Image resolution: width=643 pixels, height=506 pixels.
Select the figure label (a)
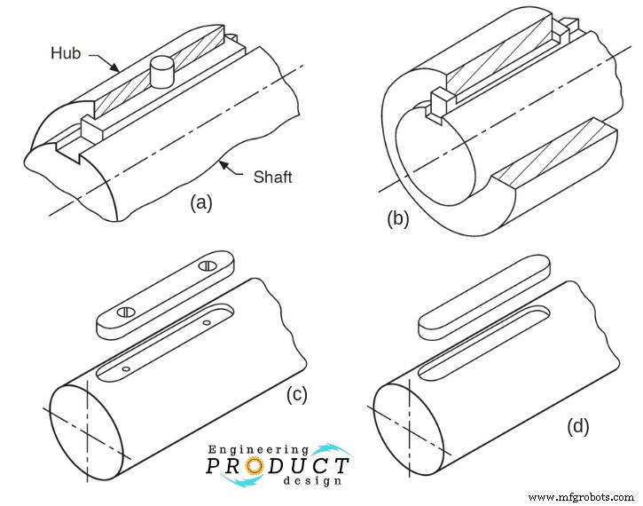201,203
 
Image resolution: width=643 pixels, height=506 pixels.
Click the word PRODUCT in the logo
278,466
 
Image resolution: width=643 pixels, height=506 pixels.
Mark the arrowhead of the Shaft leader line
221,161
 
